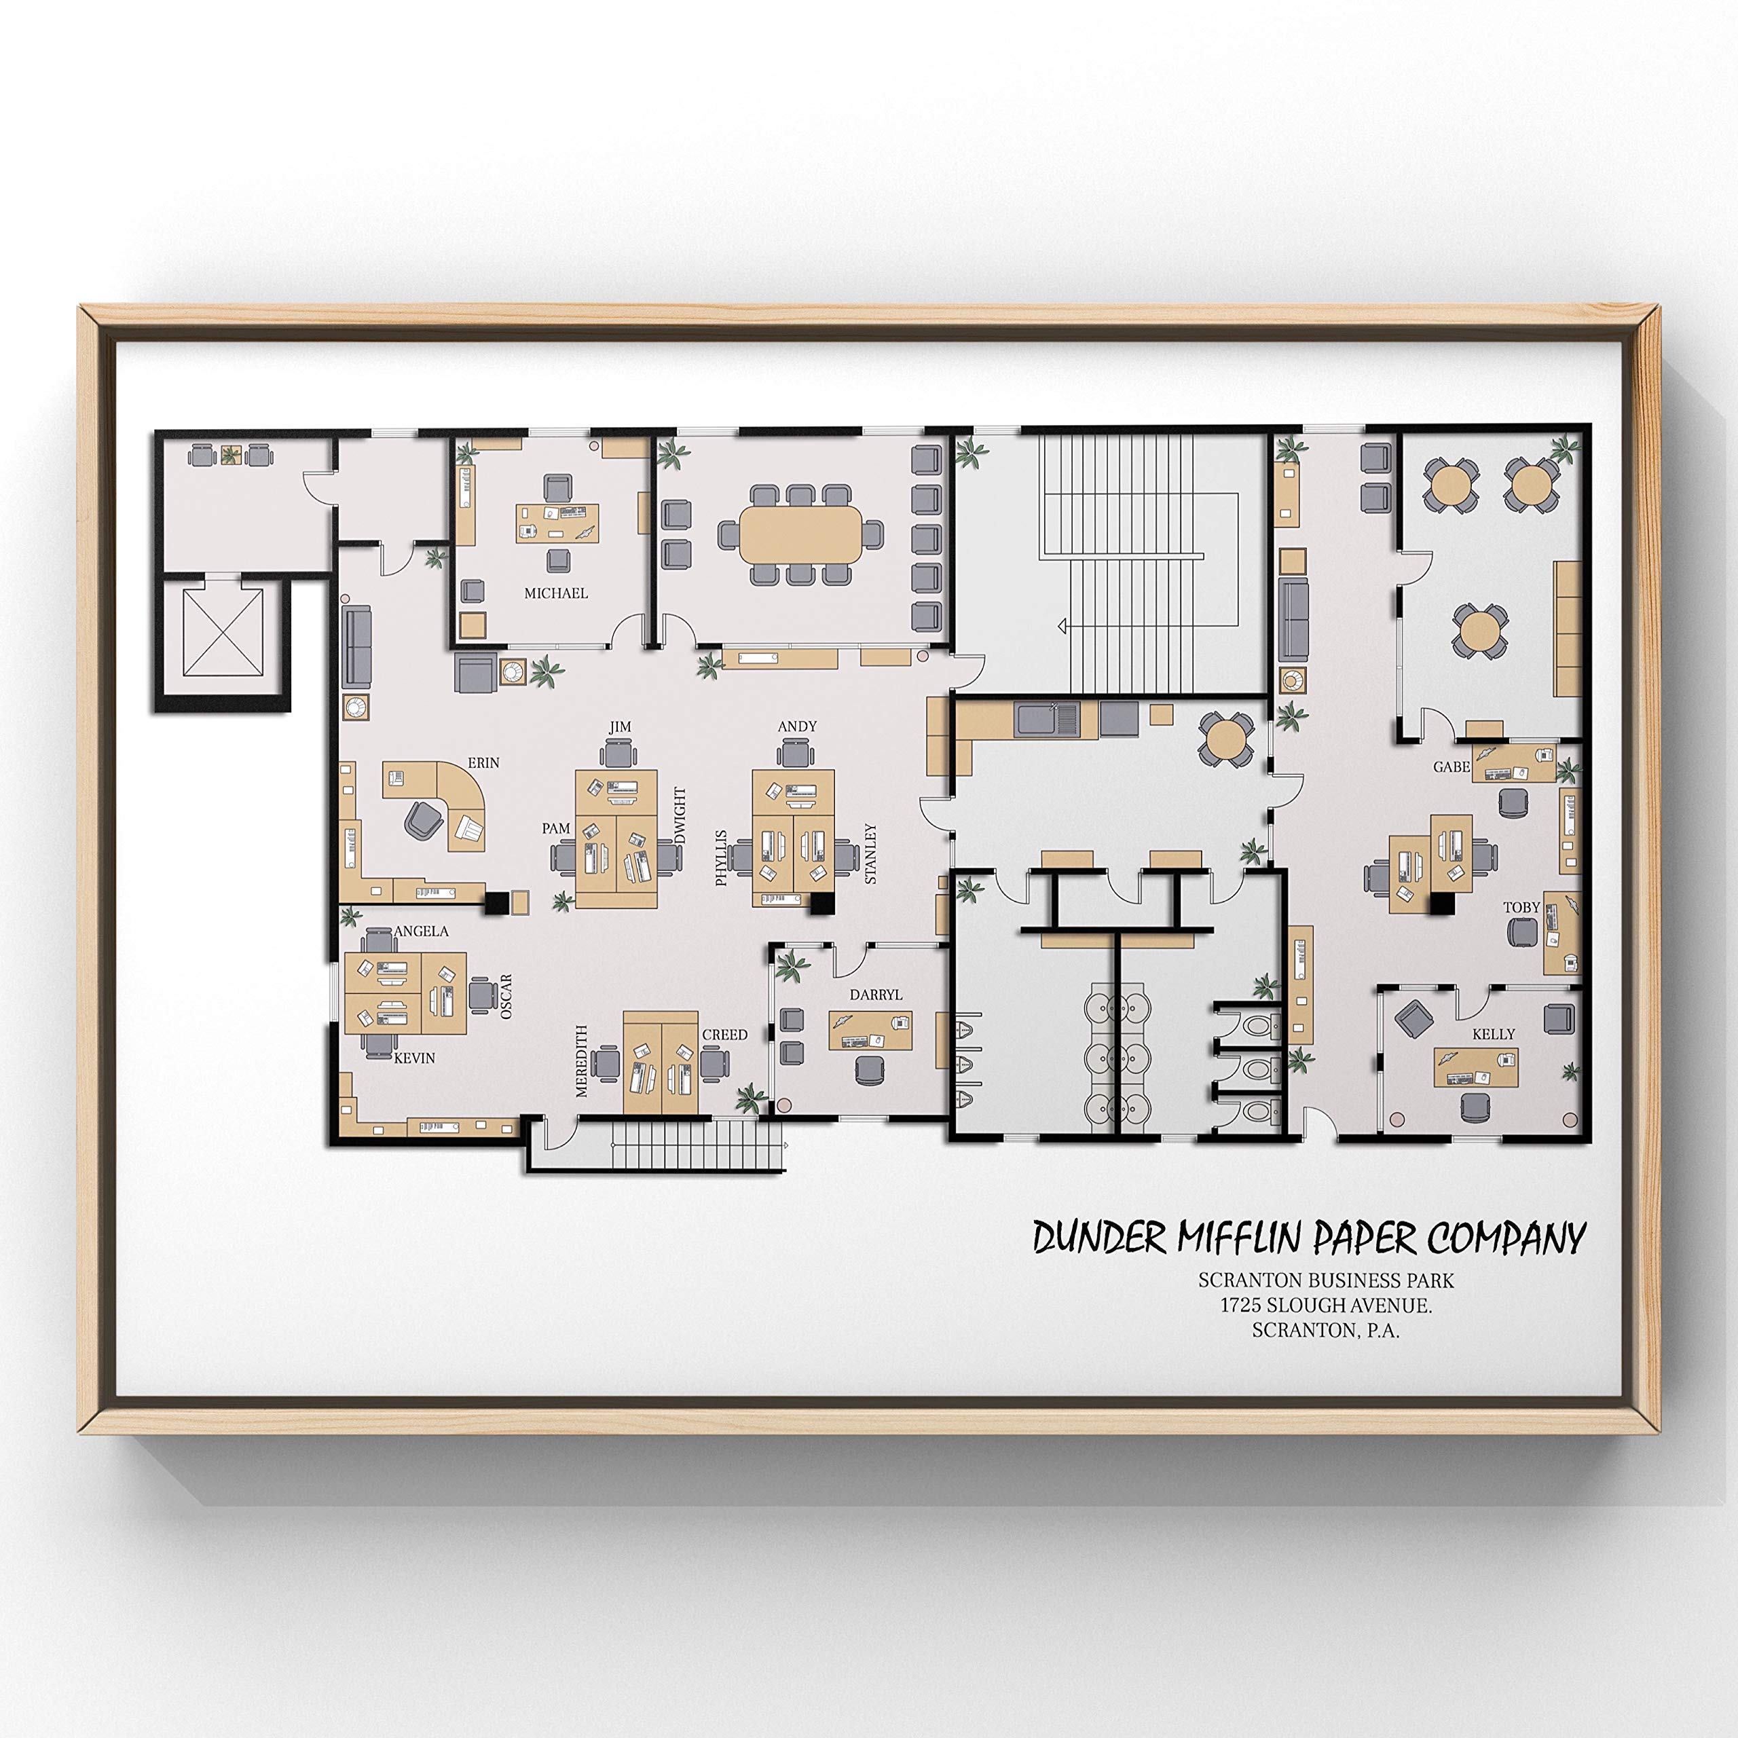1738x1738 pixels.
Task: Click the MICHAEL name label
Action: coord(556,594)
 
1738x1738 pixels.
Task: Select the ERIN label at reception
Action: coord(483,763)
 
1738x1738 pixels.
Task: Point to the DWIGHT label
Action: coord(680,816)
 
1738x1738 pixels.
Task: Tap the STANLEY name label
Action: coord(870,853)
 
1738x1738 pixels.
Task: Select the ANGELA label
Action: coord(420,931)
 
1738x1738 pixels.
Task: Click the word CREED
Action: coord(724,1035)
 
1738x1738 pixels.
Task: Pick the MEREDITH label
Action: coord(581,1062)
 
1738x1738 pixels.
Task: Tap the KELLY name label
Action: coord(1494,1035)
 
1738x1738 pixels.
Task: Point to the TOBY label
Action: coord(1521,908)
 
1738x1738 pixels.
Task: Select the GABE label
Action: coord(1451,767)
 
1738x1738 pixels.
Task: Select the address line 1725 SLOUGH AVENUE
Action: coord(1325,1306)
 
